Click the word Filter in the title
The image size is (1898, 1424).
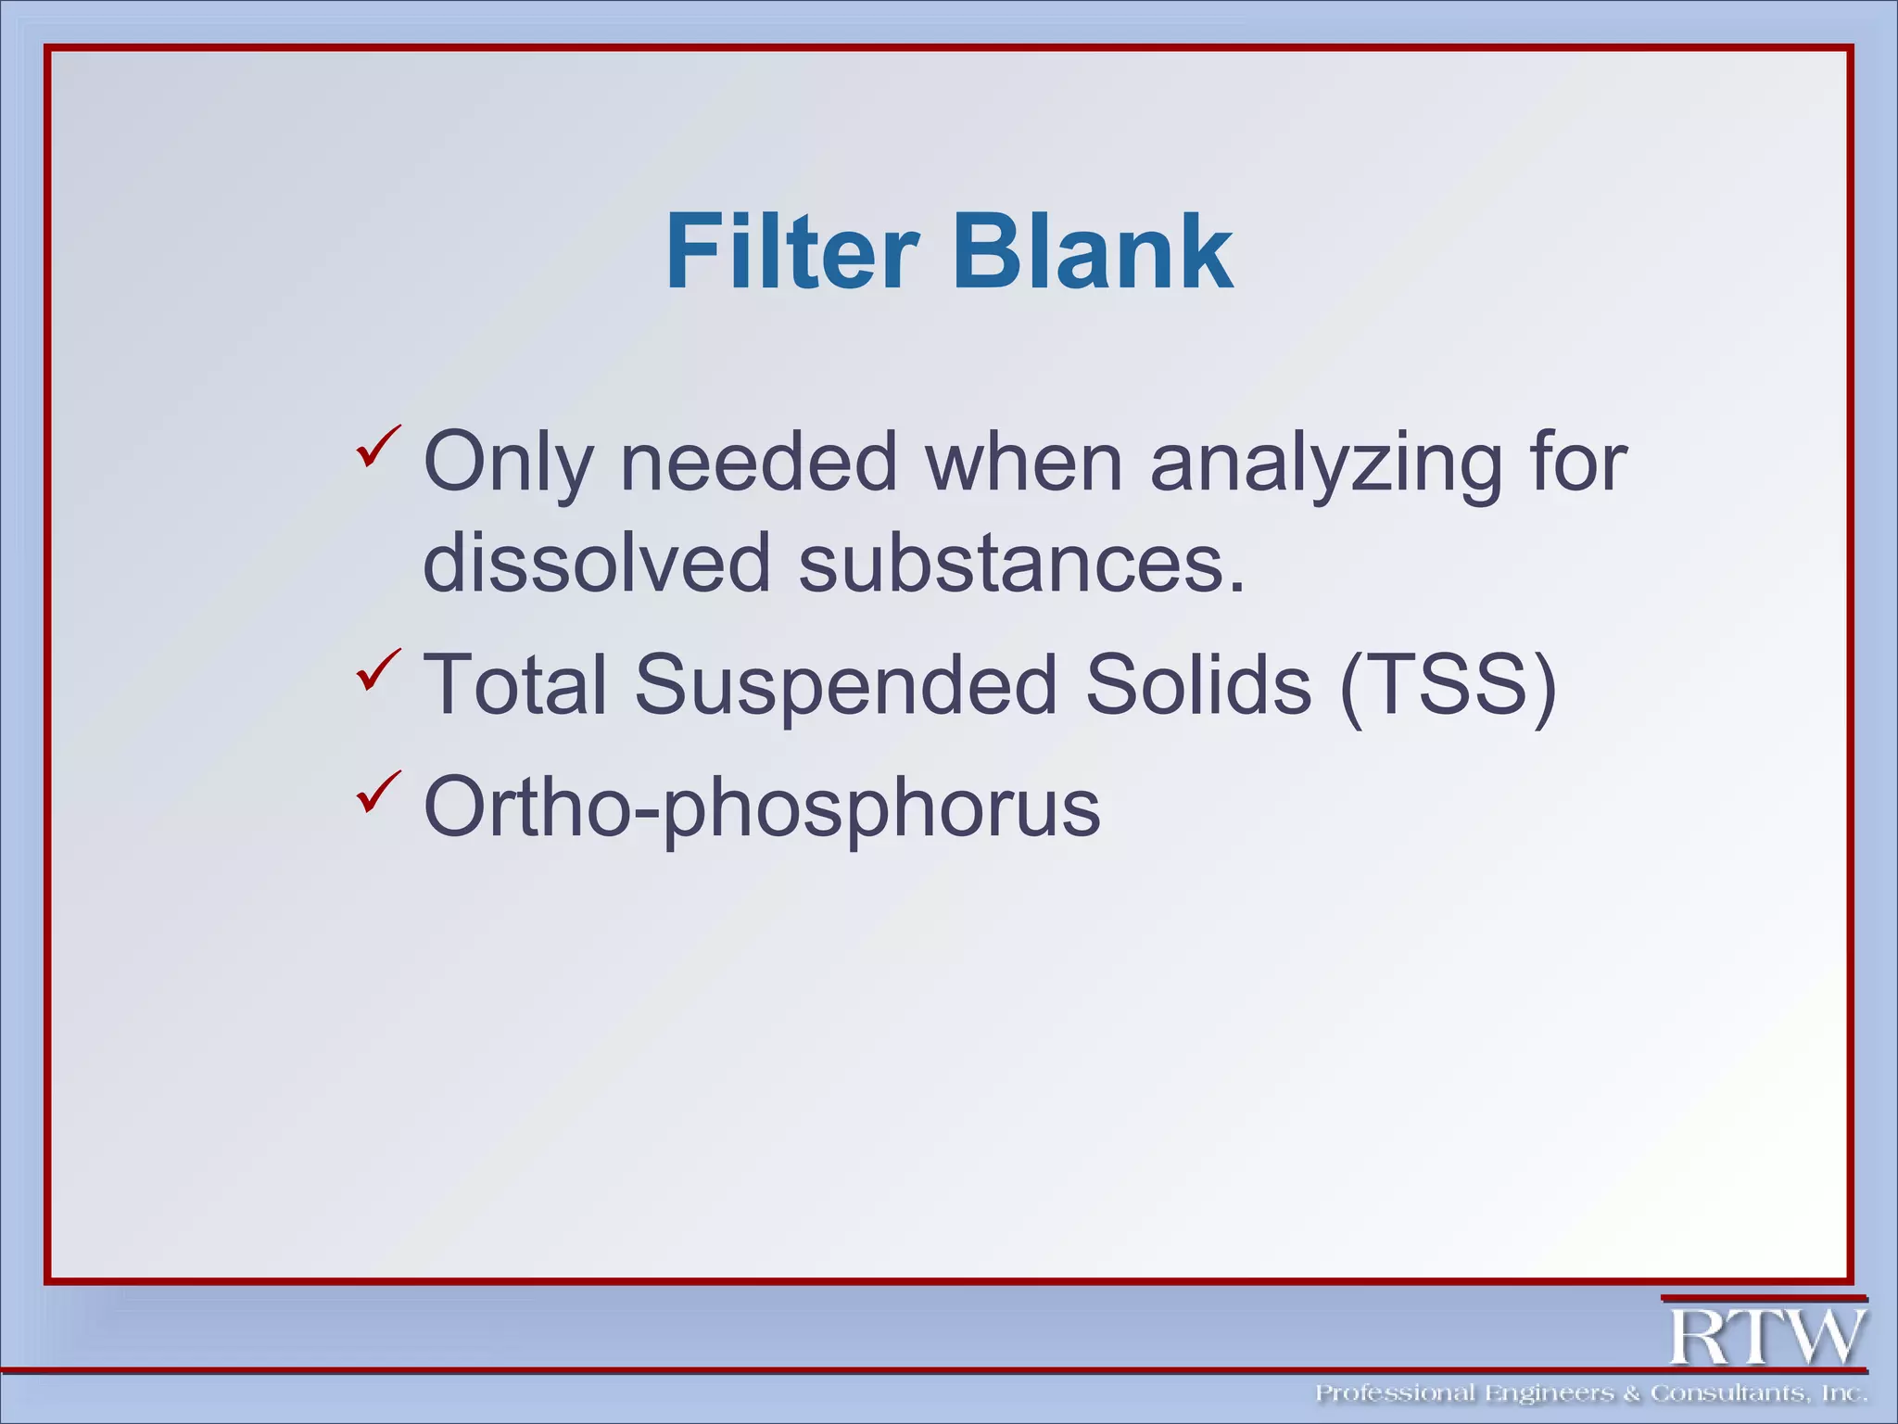[792, 252]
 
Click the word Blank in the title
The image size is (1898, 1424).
[1093, 252]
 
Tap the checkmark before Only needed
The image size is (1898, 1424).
[378, 446]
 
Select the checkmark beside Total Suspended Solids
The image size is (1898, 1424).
[378, 669]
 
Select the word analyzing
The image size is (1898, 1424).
[1325, 463]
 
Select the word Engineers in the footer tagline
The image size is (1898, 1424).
[1549, 1393]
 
